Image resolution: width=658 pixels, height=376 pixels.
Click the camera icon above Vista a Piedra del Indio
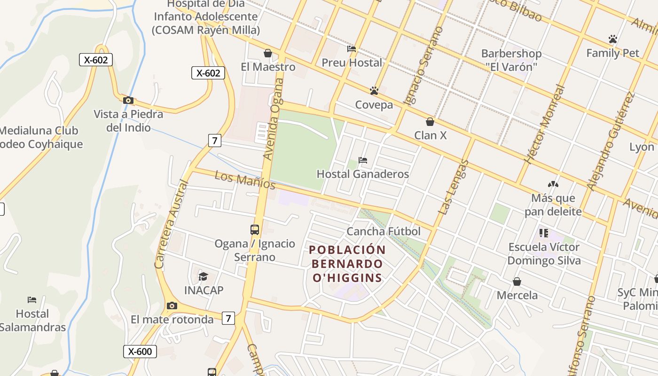click(128, 100)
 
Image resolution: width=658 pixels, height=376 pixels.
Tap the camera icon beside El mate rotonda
click(172, 306)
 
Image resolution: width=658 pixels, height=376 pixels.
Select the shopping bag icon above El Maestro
click(268, 53)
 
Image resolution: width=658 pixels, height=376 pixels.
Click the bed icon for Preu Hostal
click(352, 49)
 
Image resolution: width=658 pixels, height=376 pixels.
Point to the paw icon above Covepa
click(374, 91)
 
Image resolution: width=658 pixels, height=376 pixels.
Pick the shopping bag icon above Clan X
click(430, 122)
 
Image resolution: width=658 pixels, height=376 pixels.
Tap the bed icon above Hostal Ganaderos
click(363, 160)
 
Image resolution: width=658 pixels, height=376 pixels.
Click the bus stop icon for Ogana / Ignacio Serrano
click(255, 230)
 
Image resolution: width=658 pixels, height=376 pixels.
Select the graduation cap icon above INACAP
click(203, 276)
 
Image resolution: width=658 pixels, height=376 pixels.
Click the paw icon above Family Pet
click(612, 39)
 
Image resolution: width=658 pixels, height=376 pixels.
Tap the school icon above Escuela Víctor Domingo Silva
click(544, 233)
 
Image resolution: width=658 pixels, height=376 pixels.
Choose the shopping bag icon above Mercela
click(517, 282)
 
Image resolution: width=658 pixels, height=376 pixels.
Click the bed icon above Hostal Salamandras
click(32, 299)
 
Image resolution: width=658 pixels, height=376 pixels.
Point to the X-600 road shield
click(140, 351)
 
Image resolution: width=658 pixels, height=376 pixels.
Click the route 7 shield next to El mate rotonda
click(228, 318)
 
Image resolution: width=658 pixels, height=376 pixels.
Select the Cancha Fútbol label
click(384, 231)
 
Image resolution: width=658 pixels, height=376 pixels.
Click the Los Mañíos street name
click(245, 180)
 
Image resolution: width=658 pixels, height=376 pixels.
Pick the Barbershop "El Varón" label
click(511, 60)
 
